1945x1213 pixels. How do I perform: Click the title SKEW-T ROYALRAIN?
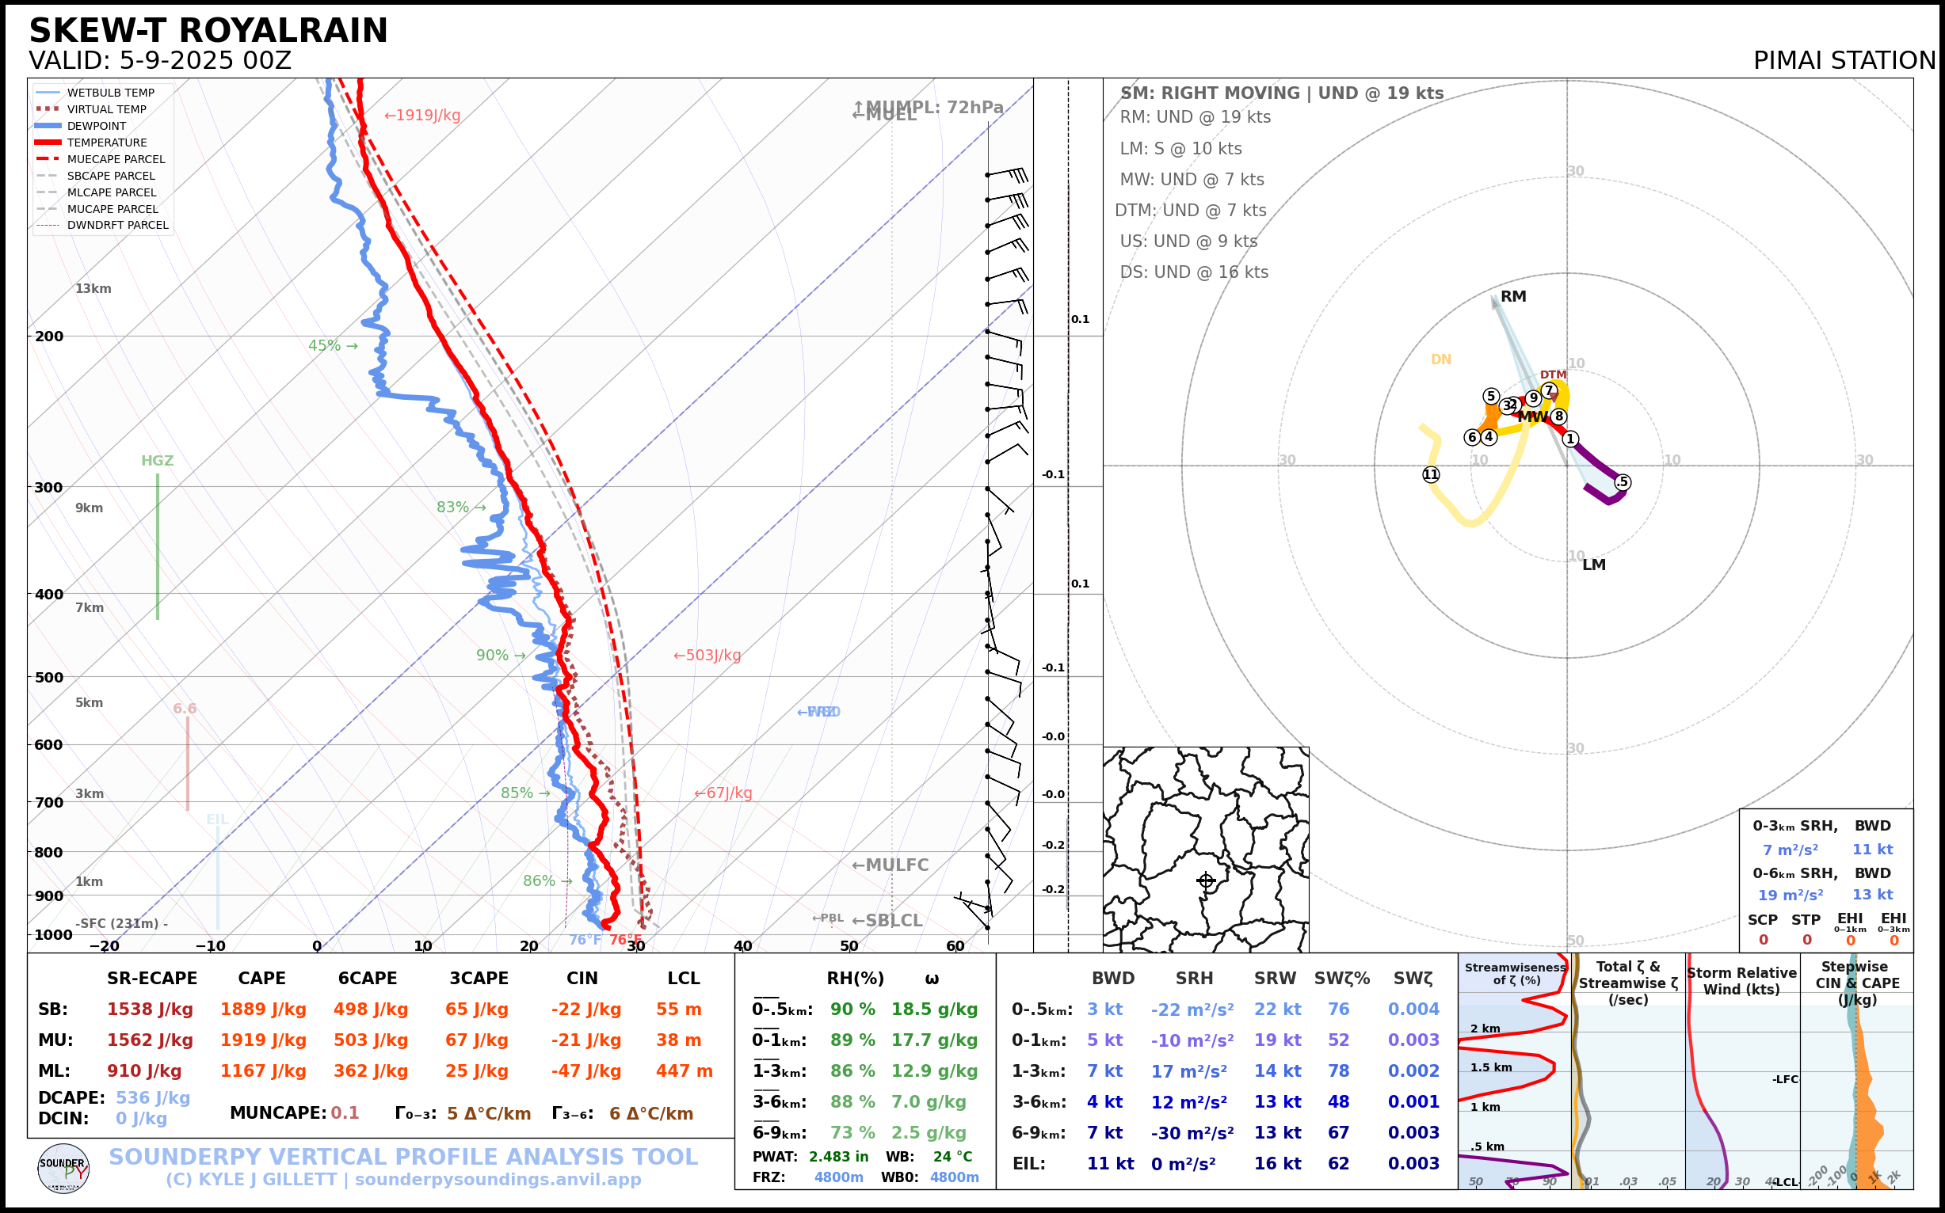click(x=208, y=32)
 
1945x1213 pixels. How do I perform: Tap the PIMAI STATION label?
click(x=1844, y=61)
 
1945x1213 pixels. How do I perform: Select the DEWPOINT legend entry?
click(x=97, y=126)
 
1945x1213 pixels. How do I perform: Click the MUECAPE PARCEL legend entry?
click(x=116, y=159)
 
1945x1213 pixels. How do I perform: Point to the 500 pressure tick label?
click(x=49, y=677)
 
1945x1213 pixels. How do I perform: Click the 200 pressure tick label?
click(x=49, y=337)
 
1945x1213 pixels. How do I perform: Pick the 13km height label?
click(x=93, y=289)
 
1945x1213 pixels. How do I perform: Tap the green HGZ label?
click(x=157, y=461)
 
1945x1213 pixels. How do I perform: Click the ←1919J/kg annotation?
click(x=422, y=116)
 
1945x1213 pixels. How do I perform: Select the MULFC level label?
click(x=891, y=865)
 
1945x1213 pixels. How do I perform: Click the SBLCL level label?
click(x=887, y=921)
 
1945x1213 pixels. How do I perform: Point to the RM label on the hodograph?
click(x=1513, y=297)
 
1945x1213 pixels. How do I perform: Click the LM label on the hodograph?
click(x=1593, y=565)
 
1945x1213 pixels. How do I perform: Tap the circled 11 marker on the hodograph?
click(x=1431, y=474)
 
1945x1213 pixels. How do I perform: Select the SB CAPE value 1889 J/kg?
click(x=263, y=1010)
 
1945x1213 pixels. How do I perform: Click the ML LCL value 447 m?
click(x=684, y=1071)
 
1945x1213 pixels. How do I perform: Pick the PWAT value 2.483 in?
click(x=838, y=1157)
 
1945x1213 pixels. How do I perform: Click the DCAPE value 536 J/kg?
click(x=153, y=1097)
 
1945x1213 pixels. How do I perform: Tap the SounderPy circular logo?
click(x=63, y=1168)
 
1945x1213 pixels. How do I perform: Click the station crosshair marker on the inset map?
click(x=1206, y=881)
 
